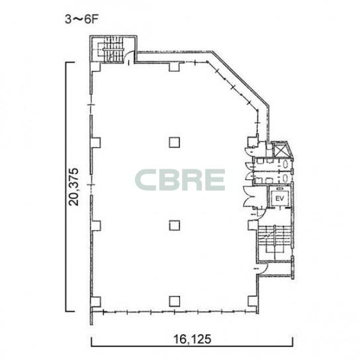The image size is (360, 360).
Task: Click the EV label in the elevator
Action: click(x=279, y=199)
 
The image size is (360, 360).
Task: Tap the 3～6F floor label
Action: click(x=81, y=19)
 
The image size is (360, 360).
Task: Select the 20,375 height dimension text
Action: click(x=74, y=187)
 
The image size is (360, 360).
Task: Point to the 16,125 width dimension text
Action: click(x=192, y=339)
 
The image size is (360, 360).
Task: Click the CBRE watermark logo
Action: click(x=180, y=180)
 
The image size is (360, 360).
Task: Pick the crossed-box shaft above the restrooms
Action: click(x=279, y=151)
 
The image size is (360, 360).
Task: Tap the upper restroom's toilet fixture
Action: click(x=285, y=164)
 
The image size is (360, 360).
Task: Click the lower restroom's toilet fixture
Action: click(x=285, y=178)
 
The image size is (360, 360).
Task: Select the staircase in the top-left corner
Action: click(x=112, y=50)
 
